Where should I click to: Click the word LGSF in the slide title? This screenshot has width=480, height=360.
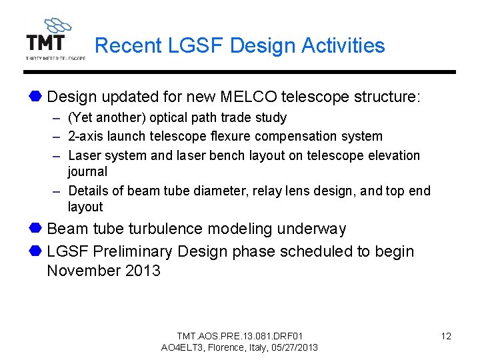click(x=194, y=45)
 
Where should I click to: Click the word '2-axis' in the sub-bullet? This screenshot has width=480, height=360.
click(x=85, y=137)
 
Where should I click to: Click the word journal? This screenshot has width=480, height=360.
click(x=87, y=172)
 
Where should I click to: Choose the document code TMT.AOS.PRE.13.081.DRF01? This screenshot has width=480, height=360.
click(x=239, y=336)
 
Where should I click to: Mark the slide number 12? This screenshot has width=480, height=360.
click(x=446, y=336)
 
